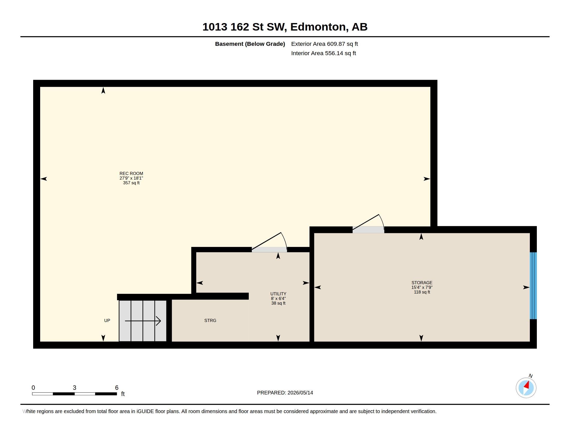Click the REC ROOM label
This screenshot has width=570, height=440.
[x=131, y=173]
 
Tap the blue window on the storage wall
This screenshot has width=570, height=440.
[x=533, y=286]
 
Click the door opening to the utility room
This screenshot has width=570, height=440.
[x=269, y=250]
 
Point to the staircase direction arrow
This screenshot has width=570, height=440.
[x=143, y=321]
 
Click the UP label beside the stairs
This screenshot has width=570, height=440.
[x=107, y=320]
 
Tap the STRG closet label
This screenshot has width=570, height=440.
[x=210, y=320]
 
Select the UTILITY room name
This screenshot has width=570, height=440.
[x=278, y=294]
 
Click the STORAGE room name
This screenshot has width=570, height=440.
[x=422, y=283]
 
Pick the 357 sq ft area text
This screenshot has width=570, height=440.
[x=131, y=183]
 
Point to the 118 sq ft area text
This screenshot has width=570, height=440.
[x=422, y=292]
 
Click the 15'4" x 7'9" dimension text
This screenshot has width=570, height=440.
[x=422, y=287]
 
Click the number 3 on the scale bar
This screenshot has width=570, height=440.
[x=74, y=388]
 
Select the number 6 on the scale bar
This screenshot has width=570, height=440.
[x=117, y=388]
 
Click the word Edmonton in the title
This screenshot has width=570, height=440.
[x=319, y=27]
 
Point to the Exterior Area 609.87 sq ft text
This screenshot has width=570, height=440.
[x=324, y=44]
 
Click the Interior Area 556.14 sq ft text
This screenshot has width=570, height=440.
[x=323, y=53]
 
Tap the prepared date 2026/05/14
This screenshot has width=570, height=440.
[x=300, y=393]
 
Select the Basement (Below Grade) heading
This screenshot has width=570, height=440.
[x=250, y=44]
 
